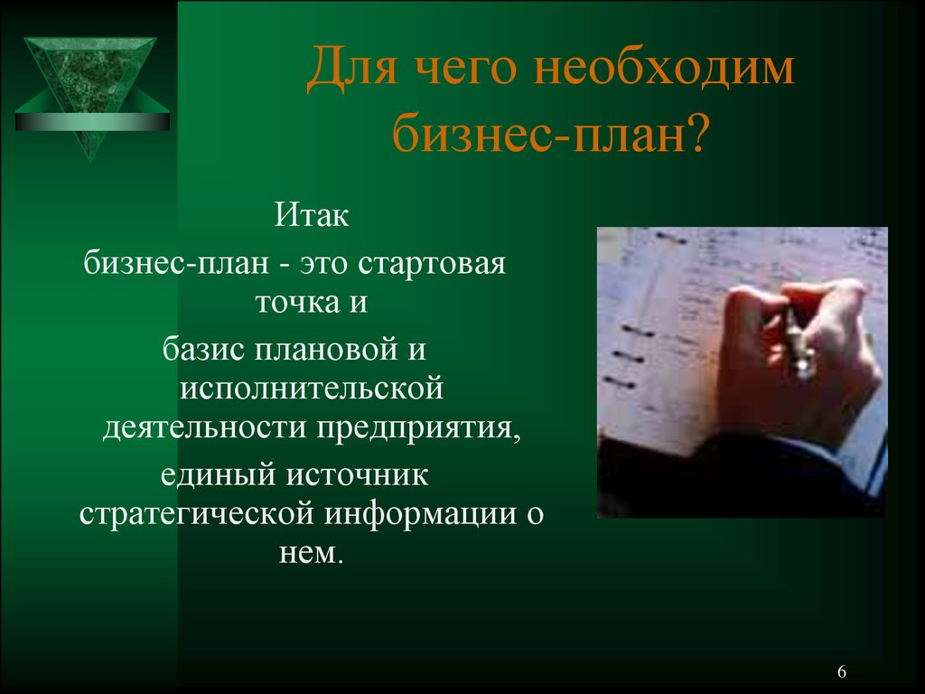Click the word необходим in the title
click(x=664, y=67)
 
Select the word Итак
click(x=312, y=214)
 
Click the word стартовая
click(x=431, y=264)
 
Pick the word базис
click(x=204, y=349)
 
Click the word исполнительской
click(x=312, y=389)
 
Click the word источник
click(x=358, y=475)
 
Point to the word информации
click(x=421, y=514)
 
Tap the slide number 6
click(x=842, y=671)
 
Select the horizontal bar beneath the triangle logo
click(x=92, y=122)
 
